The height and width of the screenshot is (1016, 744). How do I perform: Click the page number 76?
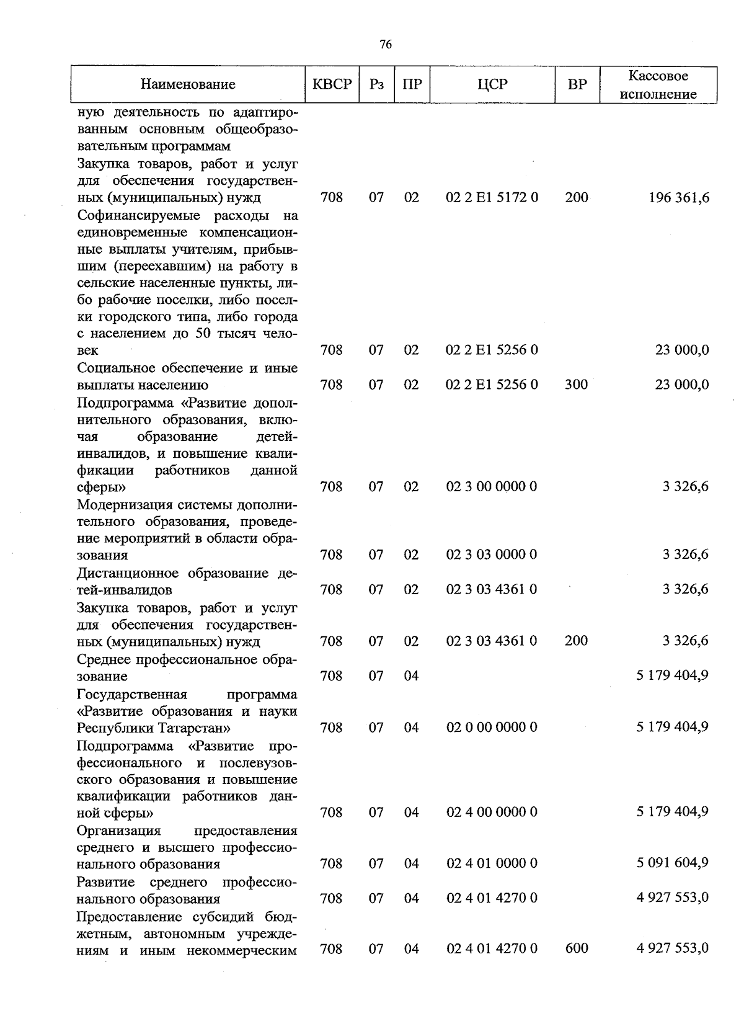click(x=385, y=44)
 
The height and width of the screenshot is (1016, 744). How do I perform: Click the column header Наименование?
click(x=188, y=85)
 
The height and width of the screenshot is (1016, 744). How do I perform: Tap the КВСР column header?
click(x=332, y=84)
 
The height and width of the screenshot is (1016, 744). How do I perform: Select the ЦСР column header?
click(x=492, y=84)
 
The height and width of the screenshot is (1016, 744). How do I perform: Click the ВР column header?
click(x=577, y=84)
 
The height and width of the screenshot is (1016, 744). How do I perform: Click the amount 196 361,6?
click(x=679, y=198)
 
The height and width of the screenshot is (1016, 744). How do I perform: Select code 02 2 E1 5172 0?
click(x=492, y=198)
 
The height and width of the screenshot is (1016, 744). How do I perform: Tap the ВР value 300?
click(x=577, y=385)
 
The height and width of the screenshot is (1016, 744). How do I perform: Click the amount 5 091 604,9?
click(x=672, y=863)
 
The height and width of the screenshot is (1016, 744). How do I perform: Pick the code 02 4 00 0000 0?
click(x=492, y=812)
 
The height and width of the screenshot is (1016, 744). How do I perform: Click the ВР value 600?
click(x=577, y=948)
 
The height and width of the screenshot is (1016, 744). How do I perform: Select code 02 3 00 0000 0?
click(x=492, y=487)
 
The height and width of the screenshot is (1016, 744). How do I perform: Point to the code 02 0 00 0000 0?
click(x=492, y=727)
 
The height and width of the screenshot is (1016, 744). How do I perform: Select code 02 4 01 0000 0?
click(x=492, y=863)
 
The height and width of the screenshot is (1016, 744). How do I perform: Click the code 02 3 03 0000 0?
click(x=492, y=555)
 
